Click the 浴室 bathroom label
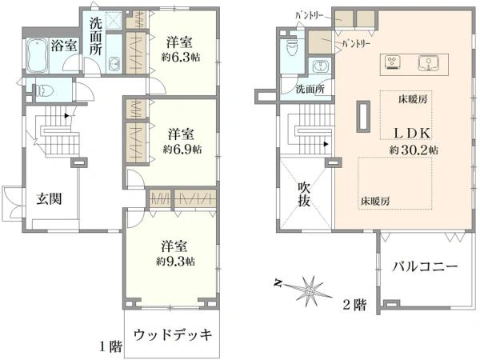65,46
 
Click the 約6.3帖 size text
182,58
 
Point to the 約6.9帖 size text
182,149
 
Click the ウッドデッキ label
173,334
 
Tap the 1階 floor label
110,346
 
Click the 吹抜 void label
304,194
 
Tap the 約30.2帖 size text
414,150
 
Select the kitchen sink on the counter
428,62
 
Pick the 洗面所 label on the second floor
309,90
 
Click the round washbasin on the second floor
322,66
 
